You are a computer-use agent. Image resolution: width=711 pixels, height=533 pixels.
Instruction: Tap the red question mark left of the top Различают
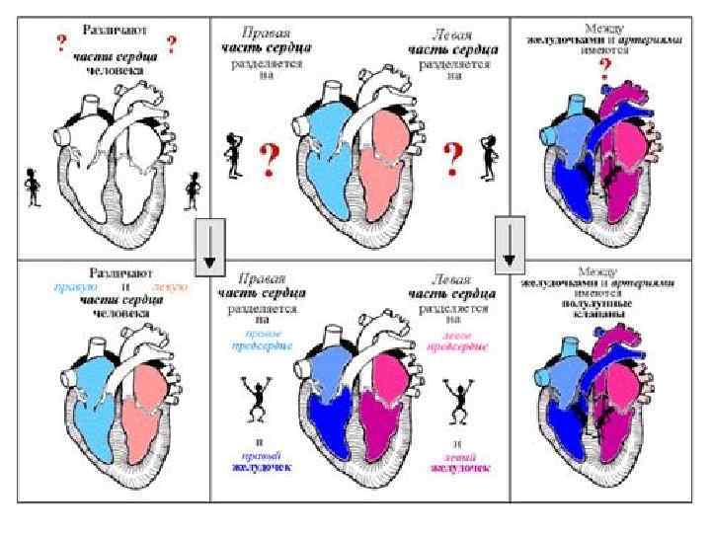click(62, 42)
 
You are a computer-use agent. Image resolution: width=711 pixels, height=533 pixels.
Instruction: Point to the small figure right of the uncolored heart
click(194, 188)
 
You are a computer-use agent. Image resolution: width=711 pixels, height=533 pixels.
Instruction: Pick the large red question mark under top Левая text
click(453, 155)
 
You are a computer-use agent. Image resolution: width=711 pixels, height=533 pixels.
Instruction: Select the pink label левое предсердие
click(457, 342)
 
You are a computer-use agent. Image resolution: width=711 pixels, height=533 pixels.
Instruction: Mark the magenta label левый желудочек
click(457, 461)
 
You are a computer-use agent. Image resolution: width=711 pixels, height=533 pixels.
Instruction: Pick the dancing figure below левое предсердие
click(458, 400)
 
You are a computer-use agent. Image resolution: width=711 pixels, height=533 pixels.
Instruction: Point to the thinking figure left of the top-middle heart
click(234, 154)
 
